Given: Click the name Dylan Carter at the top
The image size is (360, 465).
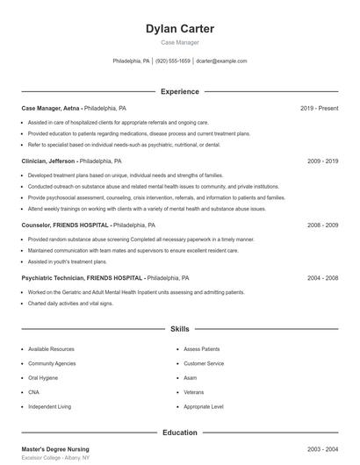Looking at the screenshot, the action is pos(179,29).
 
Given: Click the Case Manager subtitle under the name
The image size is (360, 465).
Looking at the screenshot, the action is pos(179,42).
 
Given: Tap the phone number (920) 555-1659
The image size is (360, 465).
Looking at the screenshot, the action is pos(173,61).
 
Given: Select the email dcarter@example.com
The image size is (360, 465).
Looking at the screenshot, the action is pos(221,61).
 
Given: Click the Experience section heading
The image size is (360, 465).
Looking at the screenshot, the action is pos(179,91).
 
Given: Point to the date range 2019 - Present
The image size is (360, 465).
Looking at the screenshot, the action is pos(319,108).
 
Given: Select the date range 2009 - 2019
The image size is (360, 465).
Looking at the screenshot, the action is pos(322,161).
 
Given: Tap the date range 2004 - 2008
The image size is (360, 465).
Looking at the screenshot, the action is pos(322,278).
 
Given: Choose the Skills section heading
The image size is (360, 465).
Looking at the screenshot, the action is pos(179,329).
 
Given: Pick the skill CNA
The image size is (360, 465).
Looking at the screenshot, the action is pos(34,392).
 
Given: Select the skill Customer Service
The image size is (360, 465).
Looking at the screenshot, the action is pos(204,363).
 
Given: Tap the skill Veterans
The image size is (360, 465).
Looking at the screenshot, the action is pos(194,392).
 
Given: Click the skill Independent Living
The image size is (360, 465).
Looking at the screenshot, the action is pos(49,407).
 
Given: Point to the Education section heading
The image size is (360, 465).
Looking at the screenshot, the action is pos(179,433).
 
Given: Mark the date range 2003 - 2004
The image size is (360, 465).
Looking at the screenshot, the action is pos(322,449).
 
